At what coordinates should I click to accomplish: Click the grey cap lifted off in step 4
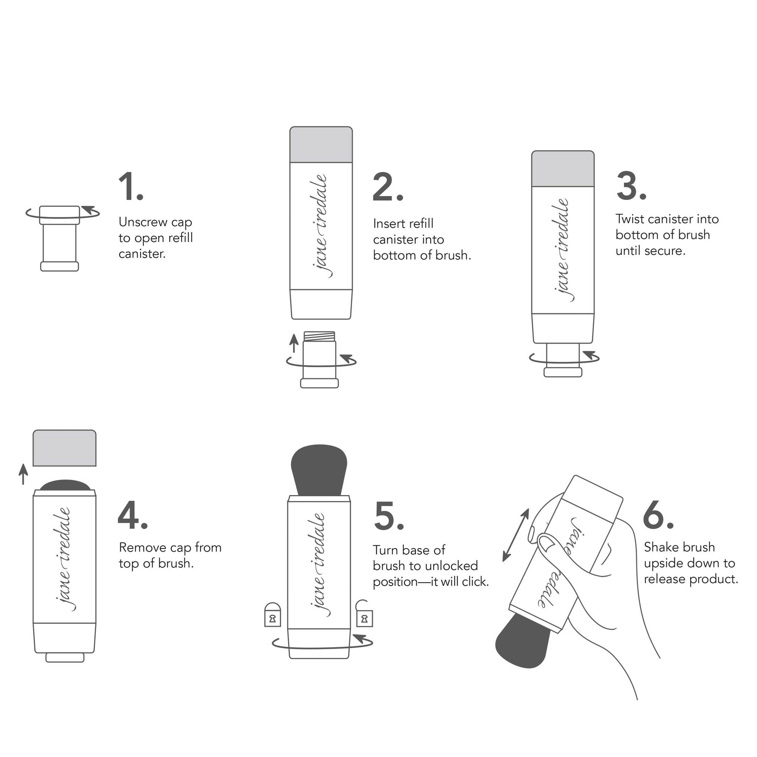point(64,448)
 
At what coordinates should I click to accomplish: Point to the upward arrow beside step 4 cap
point(23,474)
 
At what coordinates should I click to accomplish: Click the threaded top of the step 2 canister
point(319,336)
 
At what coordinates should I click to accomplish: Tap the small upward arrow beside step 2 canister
point(293,343)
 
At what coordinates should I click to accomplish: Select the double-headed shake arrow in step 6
point(516,535)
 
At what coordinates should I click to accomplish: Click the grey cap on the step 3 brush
point(563,169)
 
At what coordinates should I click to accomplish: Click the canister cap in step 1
point(59,215)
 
